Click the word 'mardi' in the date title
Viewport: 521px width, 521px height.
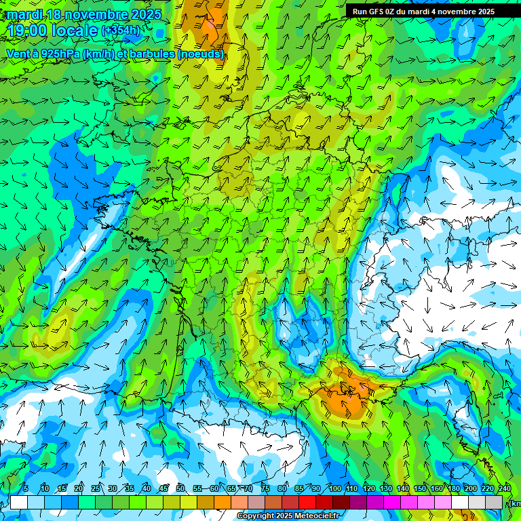(x=24, y=14)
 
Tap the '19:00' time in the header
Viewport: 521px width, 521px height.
(x=27, y=31)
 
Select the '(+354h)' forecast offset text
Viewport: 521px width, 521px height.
(x=122, y=31)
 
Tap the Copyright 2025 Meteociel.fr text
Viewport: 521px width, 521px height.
(x=290, y=516)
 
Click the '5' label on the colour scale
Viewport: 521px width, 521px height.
(x=25, y=489)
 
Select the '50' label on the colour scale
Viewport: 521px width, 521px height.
(x=180, y=489)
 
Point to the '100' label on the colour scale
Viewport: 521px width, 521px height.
(x=334, y=489)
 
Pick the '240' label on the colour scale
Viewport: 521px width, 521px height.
(x=505, y=489)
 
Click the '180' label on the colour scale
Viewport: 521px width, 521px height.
(x=454, y=489)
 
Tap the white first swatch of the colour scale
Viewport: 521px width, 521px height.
(x=19, y=502)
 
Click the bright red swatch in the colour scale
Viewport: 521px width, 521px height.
(x=307, y=502)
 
